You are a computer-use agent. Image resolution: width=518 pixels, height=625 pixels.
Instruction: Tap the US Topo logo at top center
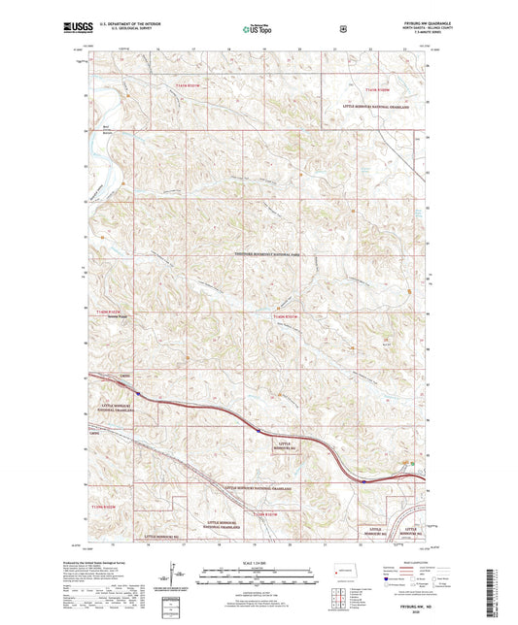[258, 30]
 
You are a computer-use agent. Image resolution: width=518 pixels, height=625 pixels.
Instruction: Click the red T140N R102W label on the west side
[110, 312]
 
